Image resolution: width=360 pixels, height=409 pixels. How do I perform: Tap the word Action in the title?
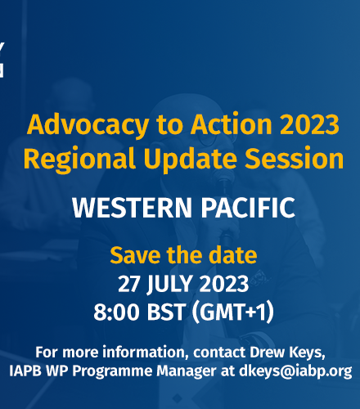232,124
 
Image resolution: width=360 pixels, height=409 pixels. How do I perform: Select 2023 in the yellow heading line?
309,124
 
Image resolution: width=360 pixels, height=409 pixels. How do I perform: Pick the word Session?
294,159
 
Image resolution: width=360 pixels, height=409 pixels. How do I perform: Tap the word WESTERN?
132,208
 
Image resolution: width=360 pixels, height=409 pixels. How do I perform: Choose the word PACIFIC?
248,208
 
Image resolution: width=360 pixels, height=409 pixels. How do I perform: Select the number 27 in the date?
128,284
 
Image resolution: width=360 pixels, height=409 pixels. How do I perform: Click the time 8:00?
116,312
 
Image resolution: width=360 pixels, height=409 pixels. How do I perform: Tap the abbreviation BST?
166,312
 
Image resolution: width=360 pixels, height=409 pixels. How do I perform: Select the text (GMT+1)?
232,312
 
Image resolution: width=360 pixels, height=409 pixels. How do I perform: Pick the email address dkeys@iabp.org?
295,371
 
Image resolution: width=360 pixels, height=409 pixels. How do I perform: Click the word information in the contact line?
146,353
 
